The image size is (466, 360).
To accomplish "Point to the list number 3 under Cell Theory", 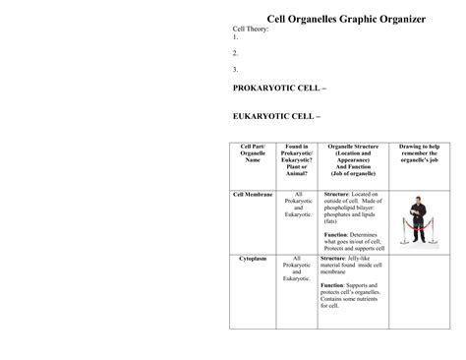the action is [x=235, y=69].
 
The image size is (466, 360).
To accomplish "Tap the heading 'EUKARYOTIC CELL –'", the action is [x=275, y=117].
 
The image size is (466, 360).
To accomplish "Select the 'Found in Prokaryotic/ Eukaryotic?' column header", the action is [x=296, y=160].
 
